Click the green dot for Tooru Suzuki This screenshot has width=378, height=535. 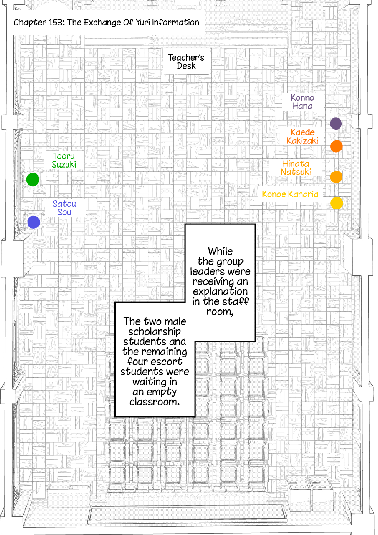click(x=33, y=179)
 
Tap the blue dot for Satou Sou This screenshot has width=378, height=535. click(x=34, y=222)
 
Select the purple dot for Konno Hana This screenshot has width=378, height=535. click(x=336, y=123)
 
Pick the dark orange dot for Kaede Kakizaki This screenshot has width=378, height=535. click(x=337, y=146)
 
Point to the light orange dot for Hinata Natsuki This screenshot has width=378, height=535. click(x=336, y=177)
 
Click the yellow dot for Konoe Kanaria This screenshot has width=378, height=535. click(x=337, y=203)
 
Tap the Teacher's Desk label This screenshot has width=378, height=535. click(x=186, y=61)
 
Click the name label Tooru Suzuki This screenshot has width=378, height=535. click(x=64, y=160)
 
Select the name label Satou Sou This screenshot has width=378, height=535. click(x=64, y=208)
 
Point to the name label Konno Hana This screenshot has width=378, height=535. click(x=302, y=102)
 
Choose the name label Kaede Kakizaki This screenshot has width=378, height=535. click(x=302, y=136)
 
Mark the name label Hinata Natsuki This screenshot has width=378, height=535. click(x=296, y=168)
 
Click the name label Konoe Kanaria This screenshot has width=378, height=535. click(x=290, y=194)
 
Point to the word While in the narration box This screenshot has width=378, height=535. click(x=220, y=251)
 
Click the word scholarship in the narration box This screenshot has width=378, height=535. click(x=155, y=332)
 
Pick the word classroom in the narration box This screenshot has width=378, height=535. click(x=155, y=402)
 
